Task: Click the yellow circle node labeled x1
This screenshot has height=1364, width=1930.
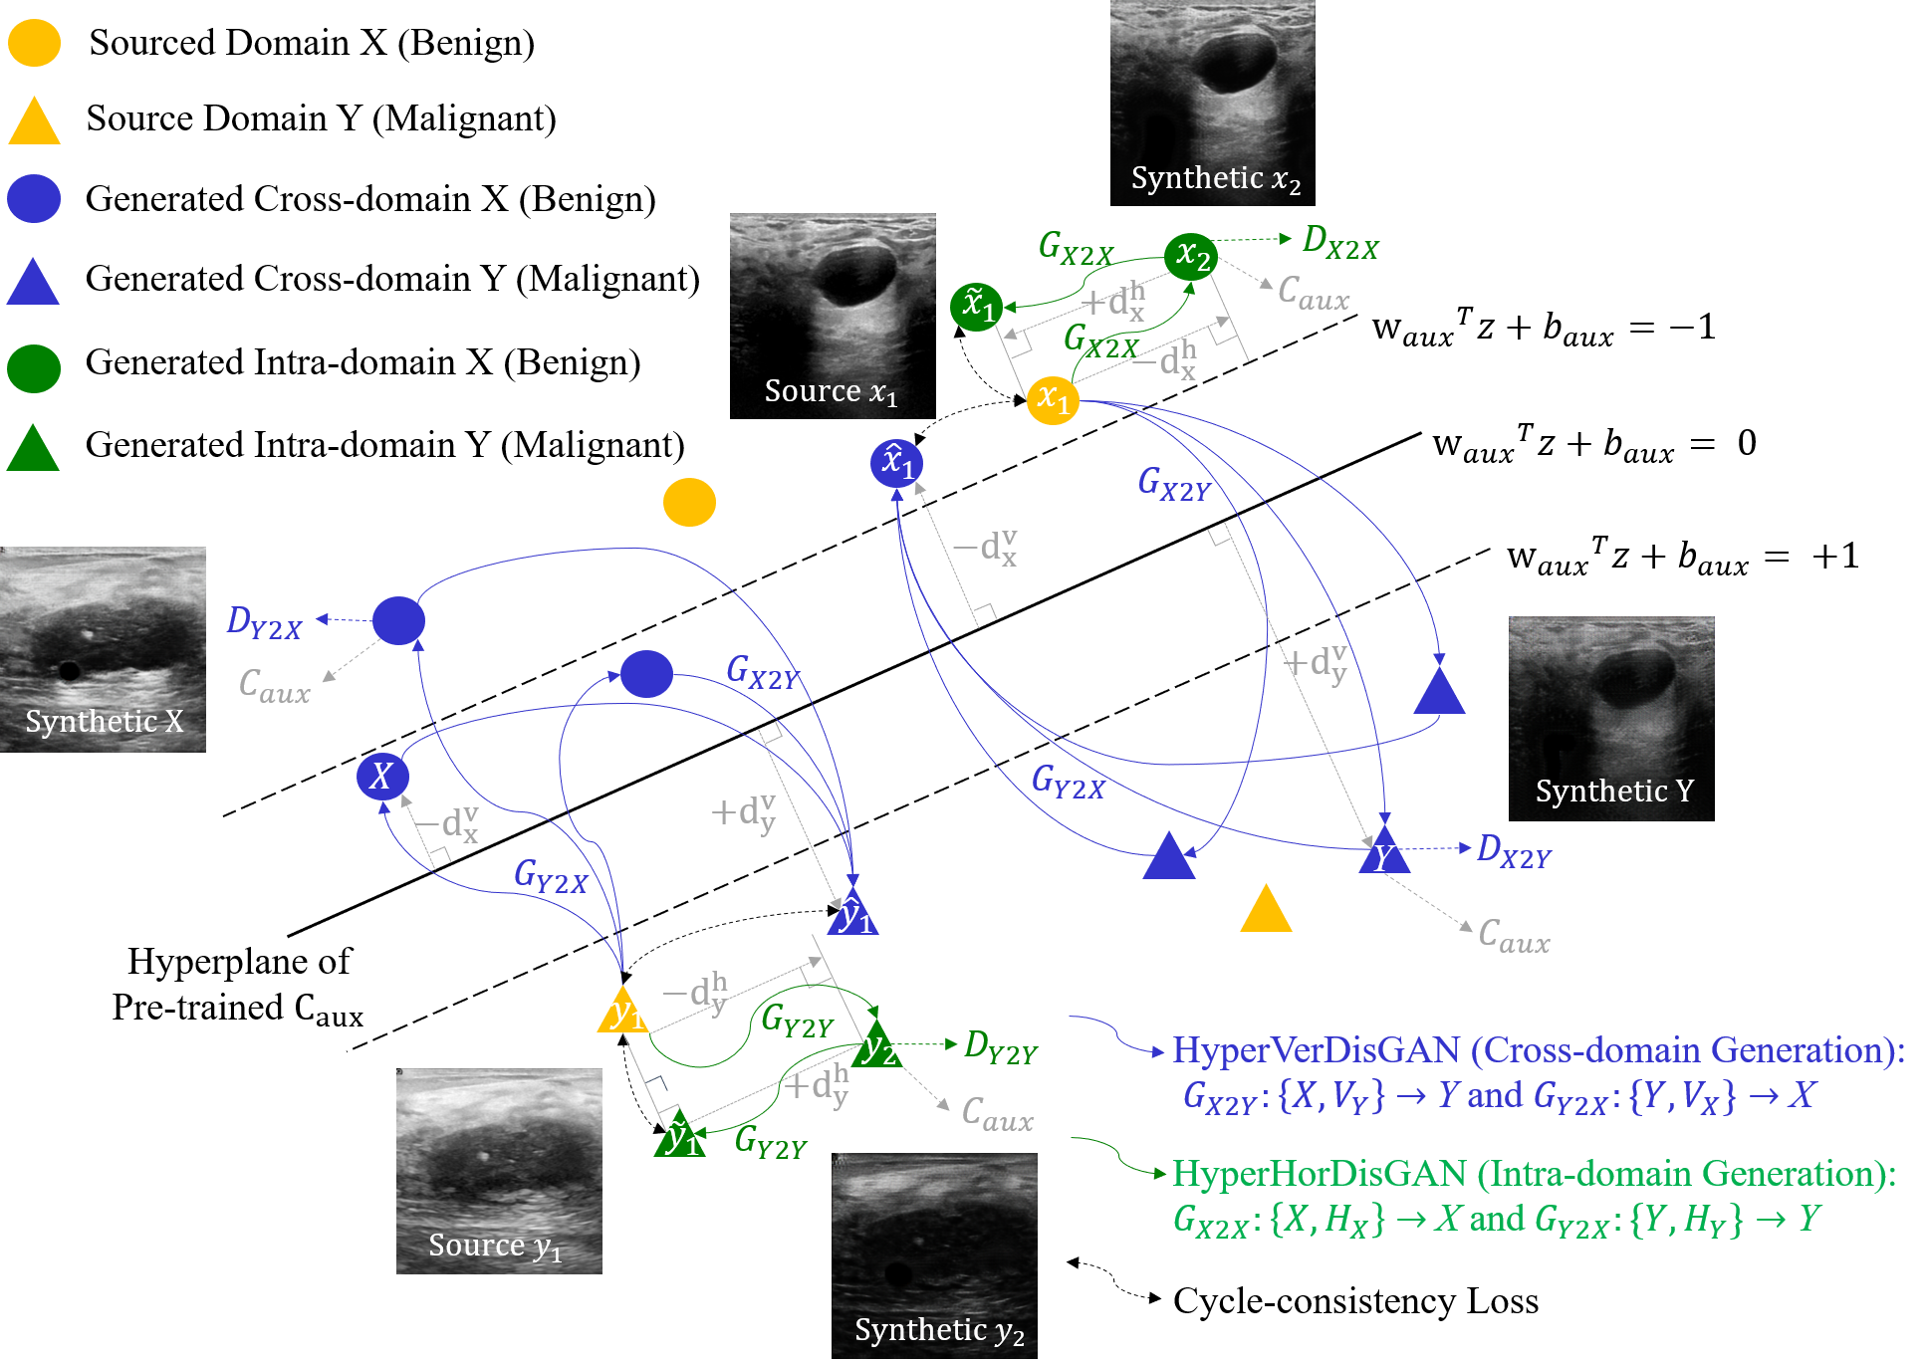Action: pos(1053,400)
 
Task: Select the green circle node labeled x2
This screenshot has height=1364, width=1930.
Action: pos(1191,256)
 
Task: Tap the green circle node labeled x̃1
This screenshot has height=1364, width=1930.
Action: pos(976,306)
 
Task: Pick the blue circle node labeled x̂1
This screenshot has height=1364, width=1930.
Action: pos(896,463)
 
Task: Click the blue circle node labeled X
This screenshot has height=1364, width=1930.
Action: pos(382,777)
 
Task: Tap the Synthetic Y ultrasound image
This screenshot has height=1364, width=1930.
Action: pos(1611,718)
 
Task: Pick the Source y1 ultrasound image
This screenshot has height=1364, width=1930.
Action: pos(499,1171)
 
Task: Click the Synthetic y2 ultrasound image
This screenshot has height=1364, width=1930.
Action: pos(934,1255)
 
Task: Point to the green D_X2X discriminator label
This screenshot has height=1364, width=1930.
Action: pos(1340,243)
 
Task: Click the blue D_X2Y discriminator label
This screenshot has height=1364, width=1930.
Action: pos(1514,852)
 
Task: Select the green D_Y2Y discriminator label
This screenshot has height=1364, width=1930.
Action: pos(1001,1048)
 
